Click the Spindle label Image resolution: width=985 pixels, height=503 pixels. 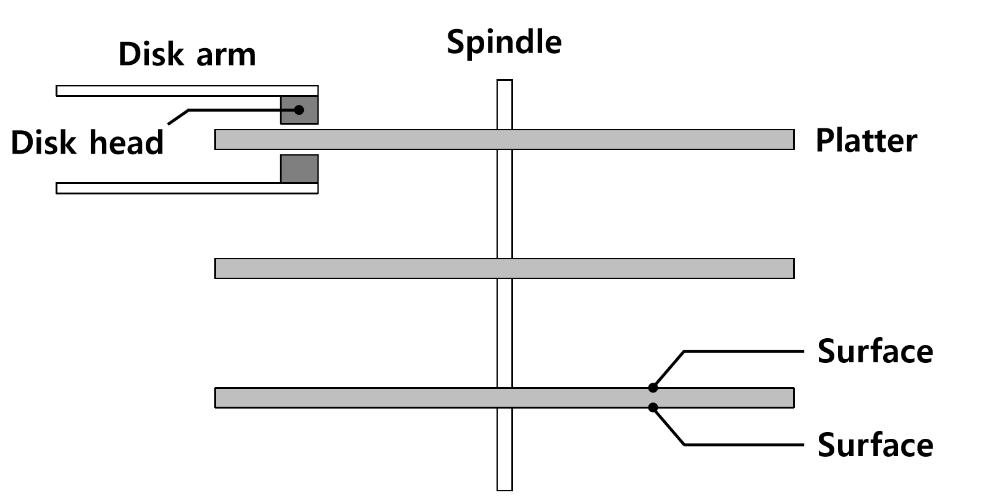(x=504, y=42)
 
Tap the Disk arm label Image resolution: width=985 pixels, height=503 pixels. (x=187, y=54)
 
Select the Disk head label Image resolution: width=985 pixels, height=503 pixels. (x=87, y=143)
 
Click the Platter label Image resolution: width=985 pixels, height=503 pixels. (x=866, y=141)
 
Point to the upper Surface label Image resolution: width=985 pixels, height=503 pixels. (x=874, y=351)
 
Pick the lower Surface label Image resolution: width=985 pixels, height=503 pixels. (x=874, y=445)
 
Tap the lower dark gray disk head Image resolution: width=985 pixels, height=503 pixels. (x=300, y=168)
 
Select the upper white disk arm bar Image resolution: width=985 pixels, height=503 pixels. (x=167, y=91)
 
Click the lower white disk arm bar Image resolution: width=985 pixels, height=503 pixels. (x=167, y=188)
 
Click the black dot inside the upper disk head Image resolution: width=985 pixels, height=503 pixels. (x=299, y=110)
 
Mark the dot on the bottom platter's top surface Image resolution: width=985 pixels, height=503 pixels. (x=653, y=388)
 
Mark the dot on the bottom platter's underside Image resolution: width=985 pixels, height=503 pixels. (x=653, y=407)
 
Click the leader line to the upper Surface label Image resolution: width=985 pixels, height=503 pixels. (x=741, y=351)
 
